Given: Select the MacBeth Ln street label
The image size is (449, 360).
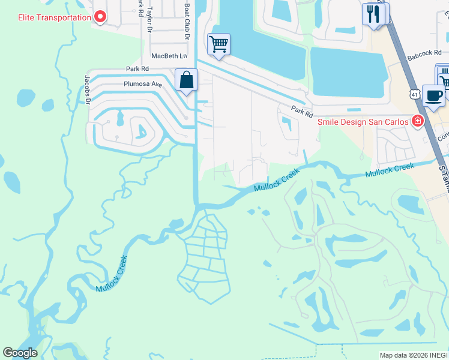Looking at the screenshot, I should (169, 56).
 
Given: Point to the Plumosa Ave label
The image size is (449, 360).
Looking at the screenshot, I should (143, 85).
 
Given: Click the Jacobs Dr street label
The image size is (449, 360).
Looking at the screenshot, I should (88, 89).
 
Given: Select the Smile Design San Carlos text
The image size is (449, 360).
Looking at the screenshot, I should (362, 121).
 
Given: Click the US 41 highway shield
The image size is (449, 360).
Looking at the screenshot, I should (414, 94).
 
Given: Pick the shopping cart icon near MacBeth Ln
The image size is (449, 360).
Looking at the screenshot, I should (218, 44).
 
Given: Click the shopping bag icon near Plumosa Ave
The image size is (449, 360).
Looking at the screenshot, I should (187, 80).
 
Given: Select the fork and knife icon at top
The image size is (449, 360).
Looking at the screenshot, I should (373, 14).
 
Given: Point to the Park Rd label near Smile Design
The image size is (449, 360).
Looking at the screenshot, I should (303, 112).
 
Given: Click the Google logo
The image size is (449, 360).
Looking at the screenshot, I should (20, 353).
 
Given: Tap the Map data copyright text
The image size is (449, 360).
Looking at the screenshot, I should (414, 355).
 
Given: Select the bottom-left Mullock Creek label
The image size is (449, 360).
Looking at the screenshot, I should (112, 274).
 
